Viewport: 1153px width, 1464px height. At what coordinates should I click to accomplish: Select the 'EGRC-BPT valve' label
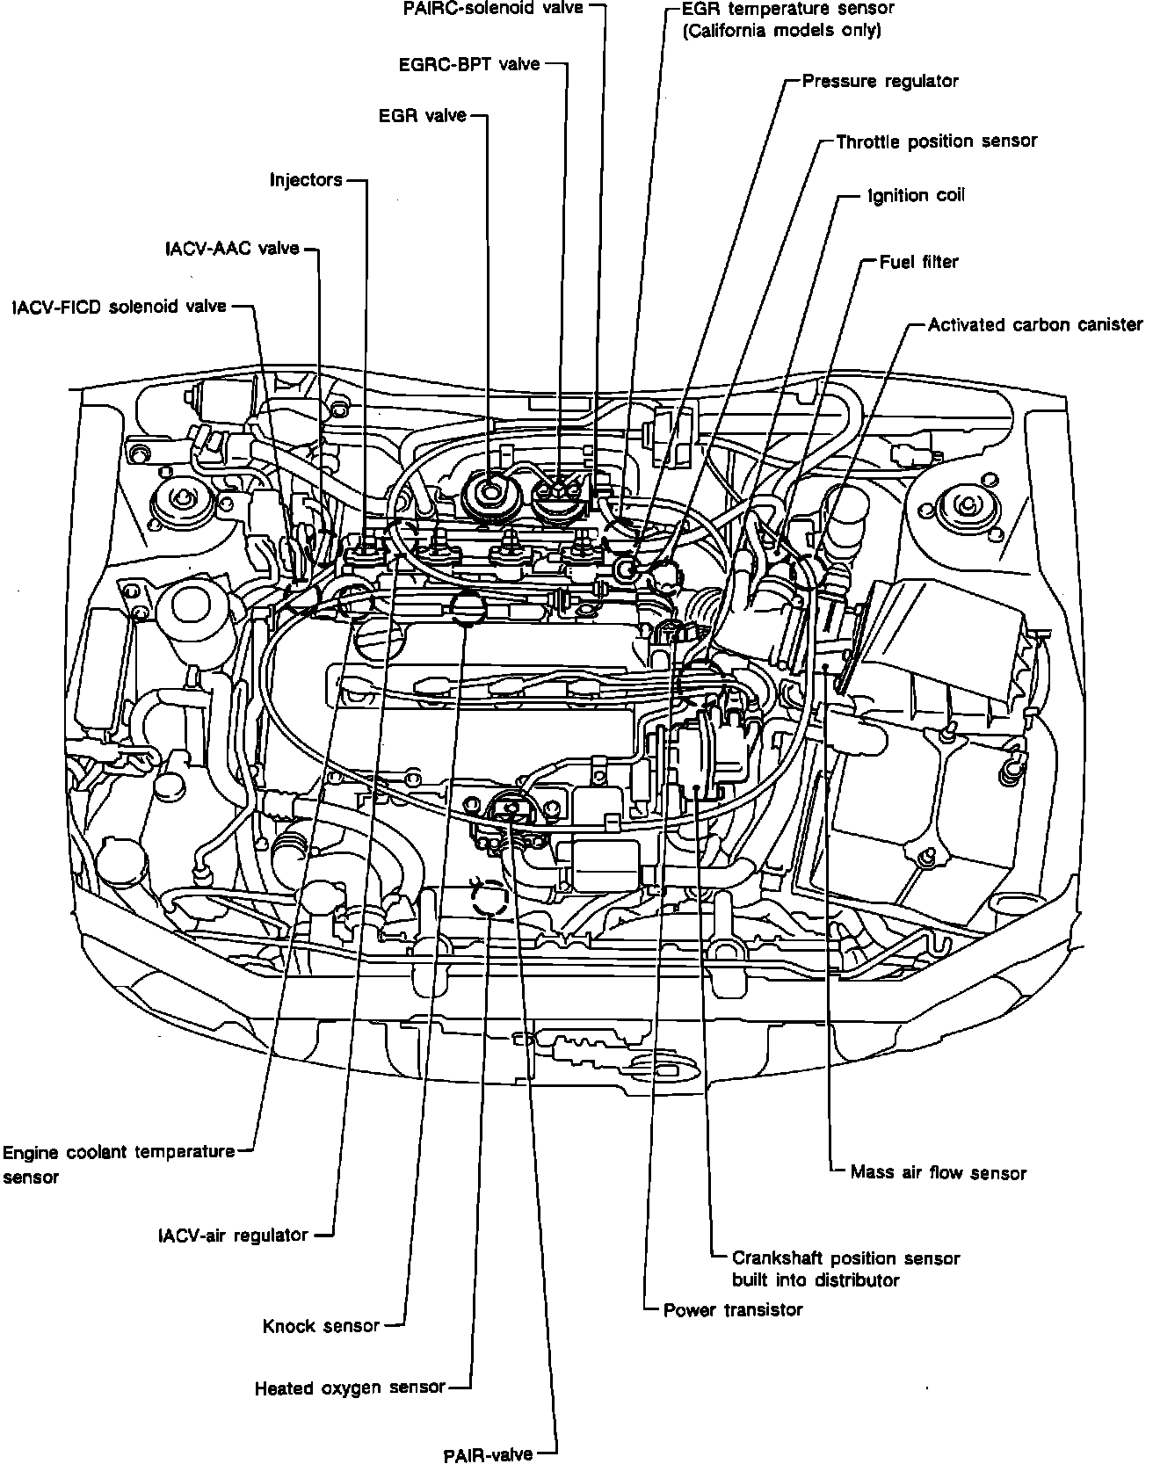pyautogui.click(x=468, y=64)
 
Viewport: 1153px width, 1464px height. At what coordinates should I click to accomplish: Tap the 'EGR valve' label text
pyautogui.click(x=422, y=115)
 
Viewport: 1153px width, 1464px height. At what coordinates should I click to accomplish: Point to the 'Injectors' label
pyautogui.click(x=306, y=180)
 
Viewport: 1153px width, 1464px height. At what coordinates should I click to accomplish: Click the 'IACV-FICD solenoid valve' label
pyautogui.click(x=120, y=307)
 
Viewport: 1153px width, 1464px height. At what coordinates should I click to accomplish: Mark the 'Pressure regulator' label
pyautogui.click(x=880, y=82)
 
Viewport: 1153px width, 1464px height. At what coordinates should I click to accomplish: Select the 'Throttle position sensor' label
pyautogui.click(x=936, y=141)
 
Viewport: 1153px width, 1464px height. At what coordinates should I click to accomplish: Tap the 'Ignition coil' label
pyautogui.click(x=916, y=195)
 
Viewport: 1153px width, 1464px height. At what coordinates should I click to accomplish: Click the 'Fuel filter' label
pyautogui.click(x=918, y=262)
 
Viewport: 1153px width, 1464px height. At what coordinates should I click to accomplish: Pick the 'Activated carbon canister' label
pyautogui.click(x=1035, y=325)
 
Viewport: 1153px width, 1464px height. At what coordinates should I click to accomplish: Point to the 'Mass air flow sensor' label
pyautogui.click(x=938, y=1172)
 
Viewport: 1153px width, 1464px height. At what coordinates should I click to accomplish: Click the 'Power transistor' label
pyautogui.click(x=733, y=1310)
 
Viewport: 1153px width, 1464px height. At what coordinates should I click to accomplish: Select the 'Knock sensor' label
pyautogui.click(x=321, y=1326)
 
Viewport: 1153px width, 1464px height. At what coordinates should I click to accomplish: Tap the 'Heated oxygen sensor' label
pyautogui.click(x=350, y=1388)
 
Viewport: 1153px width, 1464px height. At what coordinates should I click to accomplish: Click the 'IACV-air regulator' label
pyautogui.click(x=233, y=1236)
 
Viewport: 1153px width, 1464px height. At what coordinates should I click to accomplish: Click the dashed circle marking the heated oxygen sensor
pyautogui.click(x=489, y=899)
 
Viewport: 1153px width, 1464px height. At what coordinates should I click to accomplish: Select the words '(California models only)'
pyautogui.click(x=781, y=31)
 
